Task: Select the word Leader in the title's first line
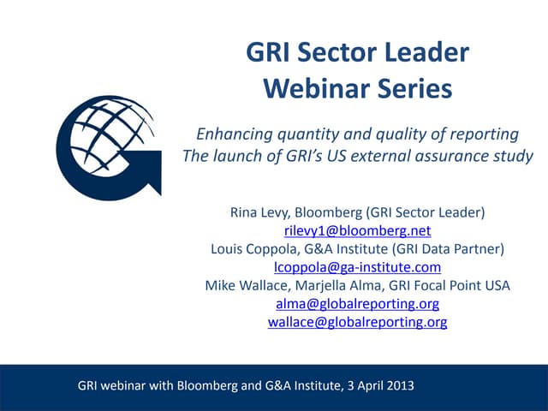point(424,53)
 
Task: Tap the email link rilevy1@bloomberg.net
point(357,231)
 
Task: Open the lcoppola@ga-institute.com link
point(357,267)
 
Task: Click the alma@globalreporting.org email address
point(357,304)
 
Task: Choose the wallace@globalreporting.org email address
point(357,322)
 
